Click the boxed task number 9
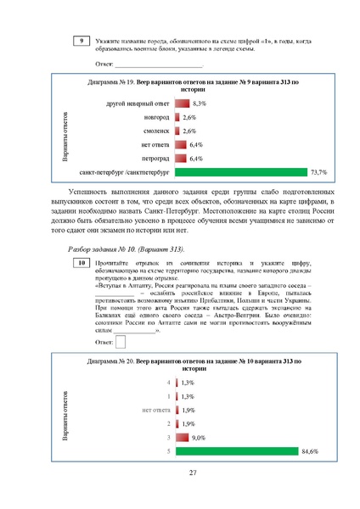(x=81, y=41)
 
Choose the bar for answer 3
(x=182, y=437)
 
